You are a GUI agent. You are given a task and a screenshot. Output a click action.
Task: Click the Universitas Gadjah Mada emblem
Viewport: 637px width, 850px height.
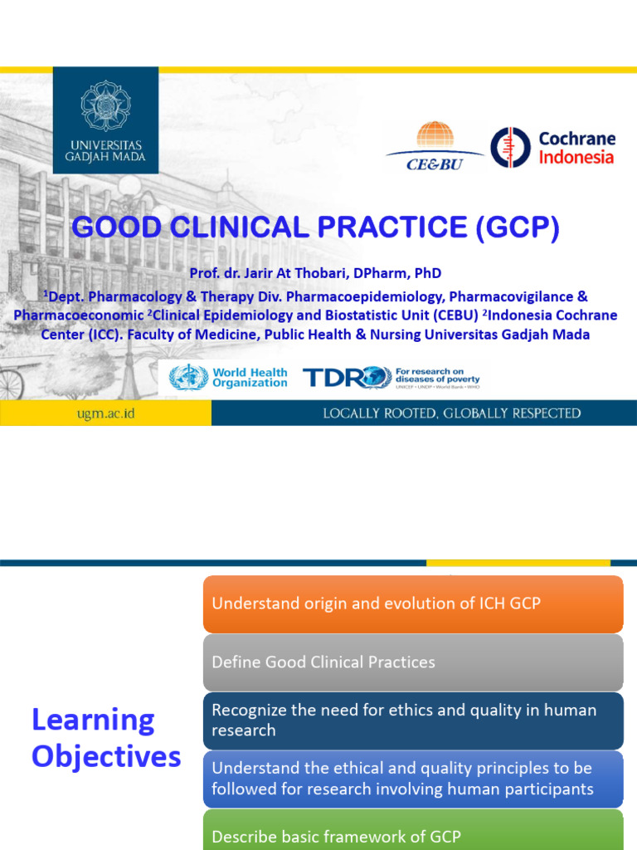105,105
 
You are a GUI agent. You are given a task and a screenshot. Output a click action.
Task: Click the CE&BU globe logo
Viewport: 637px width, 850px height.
435,136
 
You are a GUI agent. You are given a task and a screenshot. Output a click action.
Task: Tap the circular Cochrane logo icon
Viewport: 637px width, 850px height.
510,148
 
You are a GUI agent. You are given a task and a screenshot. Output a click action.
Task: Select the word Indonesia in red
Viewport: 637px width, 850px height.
576,158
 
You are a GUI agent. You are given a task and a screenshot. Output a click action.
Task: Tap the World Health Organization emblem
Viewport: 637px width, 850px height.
188,378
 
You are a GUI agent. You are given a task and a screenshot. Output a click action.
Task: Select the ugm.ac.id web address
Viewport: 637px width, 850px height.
106,413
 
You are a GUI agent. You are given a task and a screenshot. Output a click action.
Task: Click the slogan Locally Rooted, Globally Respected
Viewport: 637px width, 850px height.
451,413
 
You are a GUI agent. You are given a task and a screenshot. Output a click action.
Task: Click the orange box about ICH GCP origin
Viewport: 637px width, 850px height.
412,603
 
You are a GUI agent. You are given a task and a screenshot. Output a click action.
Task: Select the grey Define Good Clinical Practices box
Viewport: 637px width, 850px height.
412,662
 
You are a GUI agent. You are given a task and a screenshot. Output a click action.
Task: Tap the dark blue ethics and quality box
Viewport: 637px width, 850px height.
412,720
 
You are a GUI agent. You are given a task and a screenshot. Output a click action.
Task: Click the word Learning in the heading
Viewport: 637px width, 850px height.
93,720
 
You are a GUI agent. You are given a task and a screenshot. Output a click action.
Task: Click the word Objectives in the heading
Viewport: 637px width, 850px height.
106,756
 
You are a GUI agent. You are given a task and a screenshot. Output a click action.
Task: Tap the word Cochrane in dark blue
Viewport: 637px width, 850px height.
576,139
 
